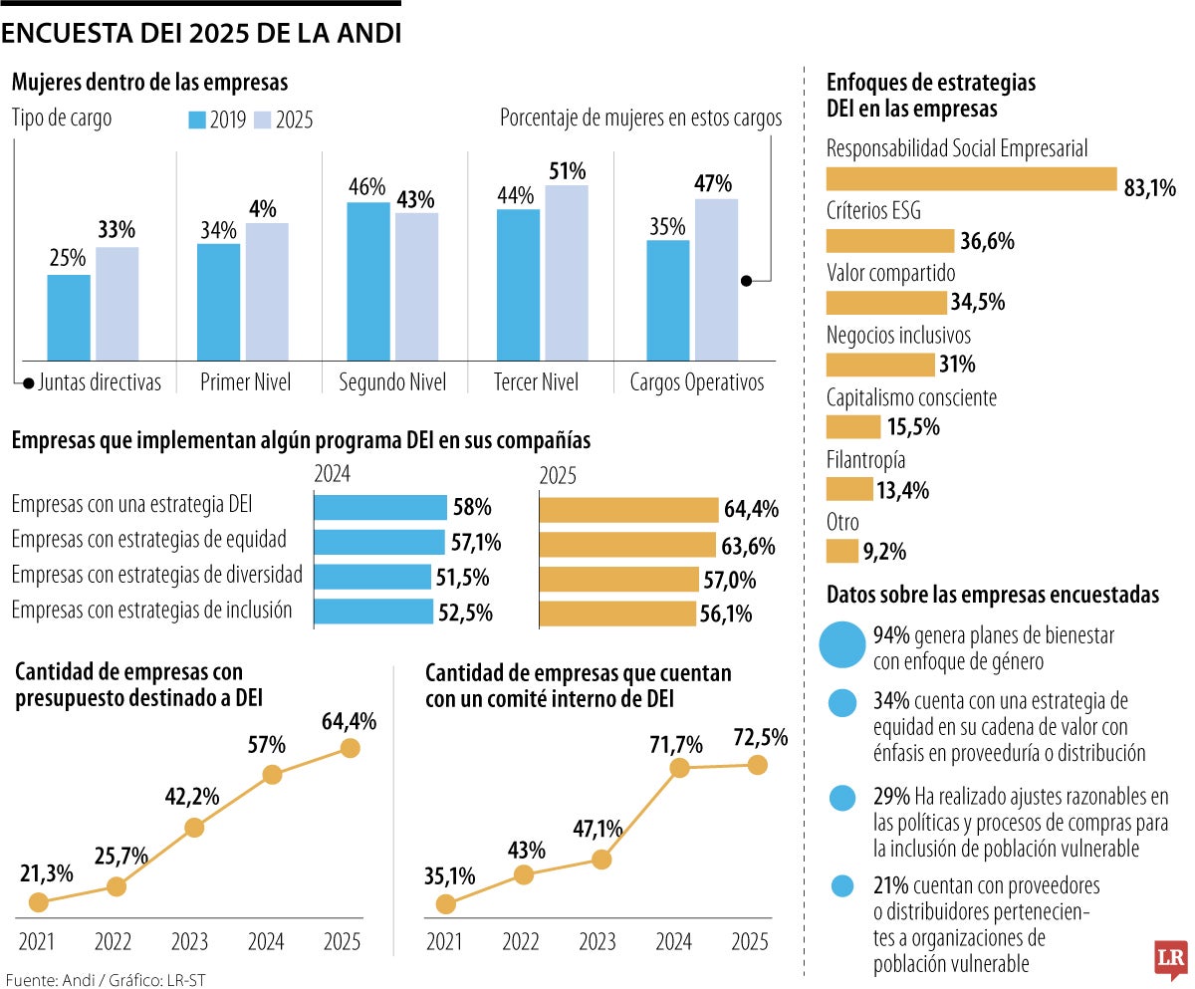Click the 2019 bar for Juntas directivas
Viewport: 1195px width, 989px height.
coord(69,317)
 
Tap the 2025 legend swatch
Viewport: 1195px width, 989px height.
coord(262,120)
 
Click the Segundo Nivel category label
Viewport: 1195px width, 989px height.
coord(392,382)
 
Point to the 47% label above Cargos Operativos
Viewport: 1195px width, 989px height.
coord(713,183)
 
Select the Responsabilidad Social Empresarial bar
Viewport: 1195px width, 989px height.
coord(971,178)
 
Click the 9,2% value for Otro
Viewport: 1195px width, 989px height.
coord(885,551)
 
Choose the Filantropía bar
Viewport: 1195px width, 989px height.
coord(849,489)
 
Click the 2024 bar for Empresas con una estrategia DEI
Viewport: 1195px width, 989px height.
coord(380,508)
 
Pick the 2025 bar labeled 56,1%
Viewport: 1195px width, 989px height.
coord(617,614)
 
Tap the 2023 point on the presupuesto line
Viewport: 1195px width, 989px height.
coord(194,827)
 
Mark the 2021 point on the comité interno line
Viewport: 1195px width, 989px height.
coord(446,903)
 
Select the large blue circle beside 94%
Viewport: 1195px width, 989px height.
coord(842,643)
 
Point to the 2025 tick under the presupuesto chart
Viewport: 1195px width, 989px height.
coord(344,941)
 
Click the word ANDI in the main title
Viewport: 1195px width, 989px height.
coord(364,34)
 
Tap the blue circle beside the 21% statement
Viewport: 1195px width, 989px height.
coord(842,885)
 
